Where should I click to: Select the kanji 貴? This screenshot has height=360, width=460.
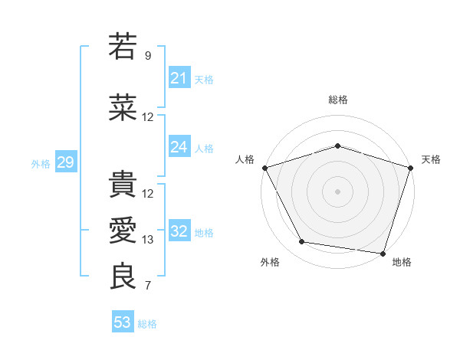[x=123, y=185]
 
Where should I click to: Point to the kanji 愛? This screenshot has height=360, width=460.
[x=123, y=231]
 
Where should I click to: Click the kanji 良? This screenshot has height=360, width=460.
[x=123, y=277]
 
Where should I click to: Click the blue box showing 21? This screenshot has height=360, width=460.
[x=179, y=78]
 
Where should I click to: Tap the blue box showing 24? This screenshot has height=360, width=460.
[x=179, y=147]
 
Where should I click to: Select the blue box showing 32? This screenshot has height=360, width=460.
[x=179, y=232]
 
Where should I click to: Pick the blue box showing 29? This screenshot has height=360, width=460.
[x=65, y=162]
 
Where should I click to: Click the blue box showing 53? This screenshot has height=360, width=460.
[x=123, y=322]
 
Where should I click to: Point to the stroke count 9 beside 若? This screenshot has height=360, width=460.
[x=148, y=55]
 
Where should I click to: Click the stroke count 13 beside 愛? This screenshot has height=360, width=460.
[x=148, y=240]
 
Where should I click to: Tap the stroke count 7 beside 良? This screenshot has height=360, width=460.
[x=148, y=286]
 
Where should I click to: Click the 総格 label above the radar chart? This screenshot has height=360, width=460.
[x=338, y=100]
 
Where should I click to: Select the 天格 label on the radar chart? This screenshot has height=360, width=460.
[x=431, y=159]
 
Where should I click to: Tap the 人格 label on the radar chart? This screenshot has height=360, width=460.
[x=245, y=159]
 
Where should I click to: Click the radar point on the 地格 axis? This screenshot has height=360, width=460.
[x=382, y=253]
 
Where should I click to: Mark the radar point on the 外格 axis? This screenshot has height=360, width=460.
[x=302, y=242]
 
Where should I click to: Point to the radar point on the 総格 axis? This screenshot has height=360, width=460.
[x=338, y=146]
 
